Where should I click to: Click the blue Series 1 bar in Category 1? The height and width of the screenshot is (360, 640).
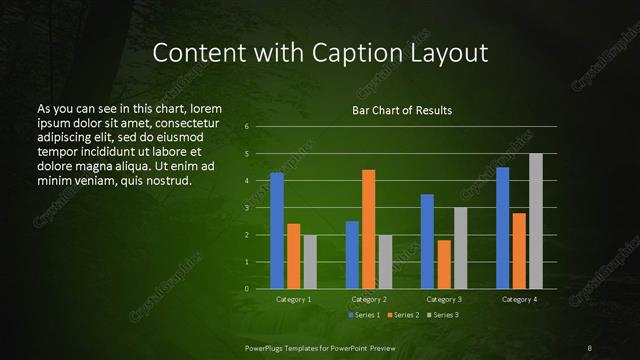click(x=277, y=231)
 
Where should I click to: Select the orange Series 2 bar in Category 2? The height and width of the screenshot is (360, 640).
click(x=368, y=229)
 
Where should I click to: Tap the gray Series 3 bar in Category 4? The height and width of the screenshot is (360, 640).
click(x=535, y=221)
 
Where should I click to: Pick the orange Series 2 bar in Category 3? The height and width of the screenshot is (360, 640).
click(x=443, y=264)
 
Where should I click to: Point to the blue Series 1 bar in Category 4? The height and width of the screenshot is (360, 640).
click(x=502, y=228)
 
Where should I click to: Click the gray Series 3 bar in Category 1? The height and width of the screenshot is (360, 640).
click(x=310, y=262)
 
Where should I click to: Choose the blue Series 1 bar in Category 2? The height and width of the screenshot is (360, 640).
click(x=352, y=255)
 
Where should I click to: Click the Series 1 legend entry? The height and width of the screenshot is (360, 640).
click(x=363, y=315)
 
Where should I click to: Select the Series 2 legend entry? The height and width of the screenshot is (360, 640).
click(x=402, y=315)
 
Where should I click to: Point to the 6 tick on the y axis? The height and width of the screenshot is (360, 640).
click(x=247, y=128)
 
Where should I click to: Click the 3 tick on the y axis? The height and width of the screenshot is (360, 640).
click(x=247, y=208)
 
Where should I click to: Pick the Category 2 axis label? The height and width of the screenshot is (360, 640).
click(x=369, y=299)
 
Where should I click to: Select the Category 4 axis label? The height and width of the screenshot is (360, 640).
click(x=518, y=299)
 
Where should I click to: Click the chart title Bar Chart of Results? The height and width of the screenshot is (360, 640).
click(x=402, y=110)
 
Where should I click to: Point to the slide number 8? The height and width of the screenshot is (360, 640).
click(x=590, y=347)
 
